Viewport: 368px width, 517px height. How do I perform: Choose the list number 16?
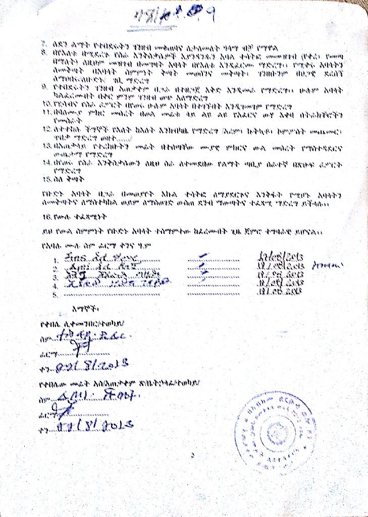click(x=46, y=219)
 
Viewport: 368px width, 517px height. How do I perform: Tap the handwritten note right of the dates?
click(x=328, y=265)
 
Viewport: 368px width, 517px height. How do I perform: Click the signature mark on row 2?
click(x=202, y=267)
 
